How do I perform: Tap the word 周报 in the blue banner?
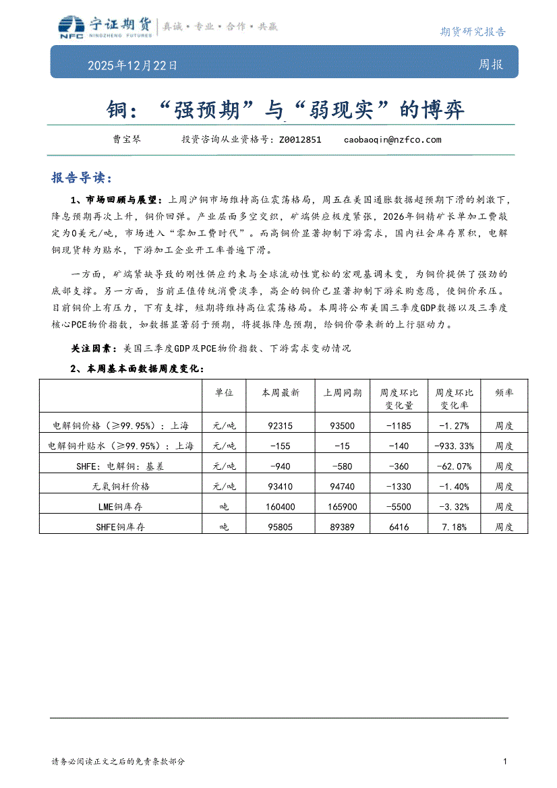[x=490, y=65]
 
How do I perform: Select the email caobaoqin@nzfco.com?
[x=392, y=140]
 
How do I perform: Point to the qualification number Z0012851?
[x=299, y=140]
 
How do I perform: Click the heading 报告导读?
[x=81, y=178]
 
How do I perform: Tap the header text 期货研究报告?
[x=472, y=31]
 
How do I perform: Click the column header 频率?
[x=504, y=392]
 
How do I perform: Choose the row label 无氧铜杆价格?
[x=121, y=486]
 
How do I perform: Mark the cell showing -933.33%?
[x=454, y=446]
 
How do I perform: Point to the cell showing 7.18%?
[x=454, y=526]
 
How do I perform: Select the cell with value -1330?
[x=399, y=486]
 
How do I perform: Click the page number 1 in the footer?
[x=504, y=762]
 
